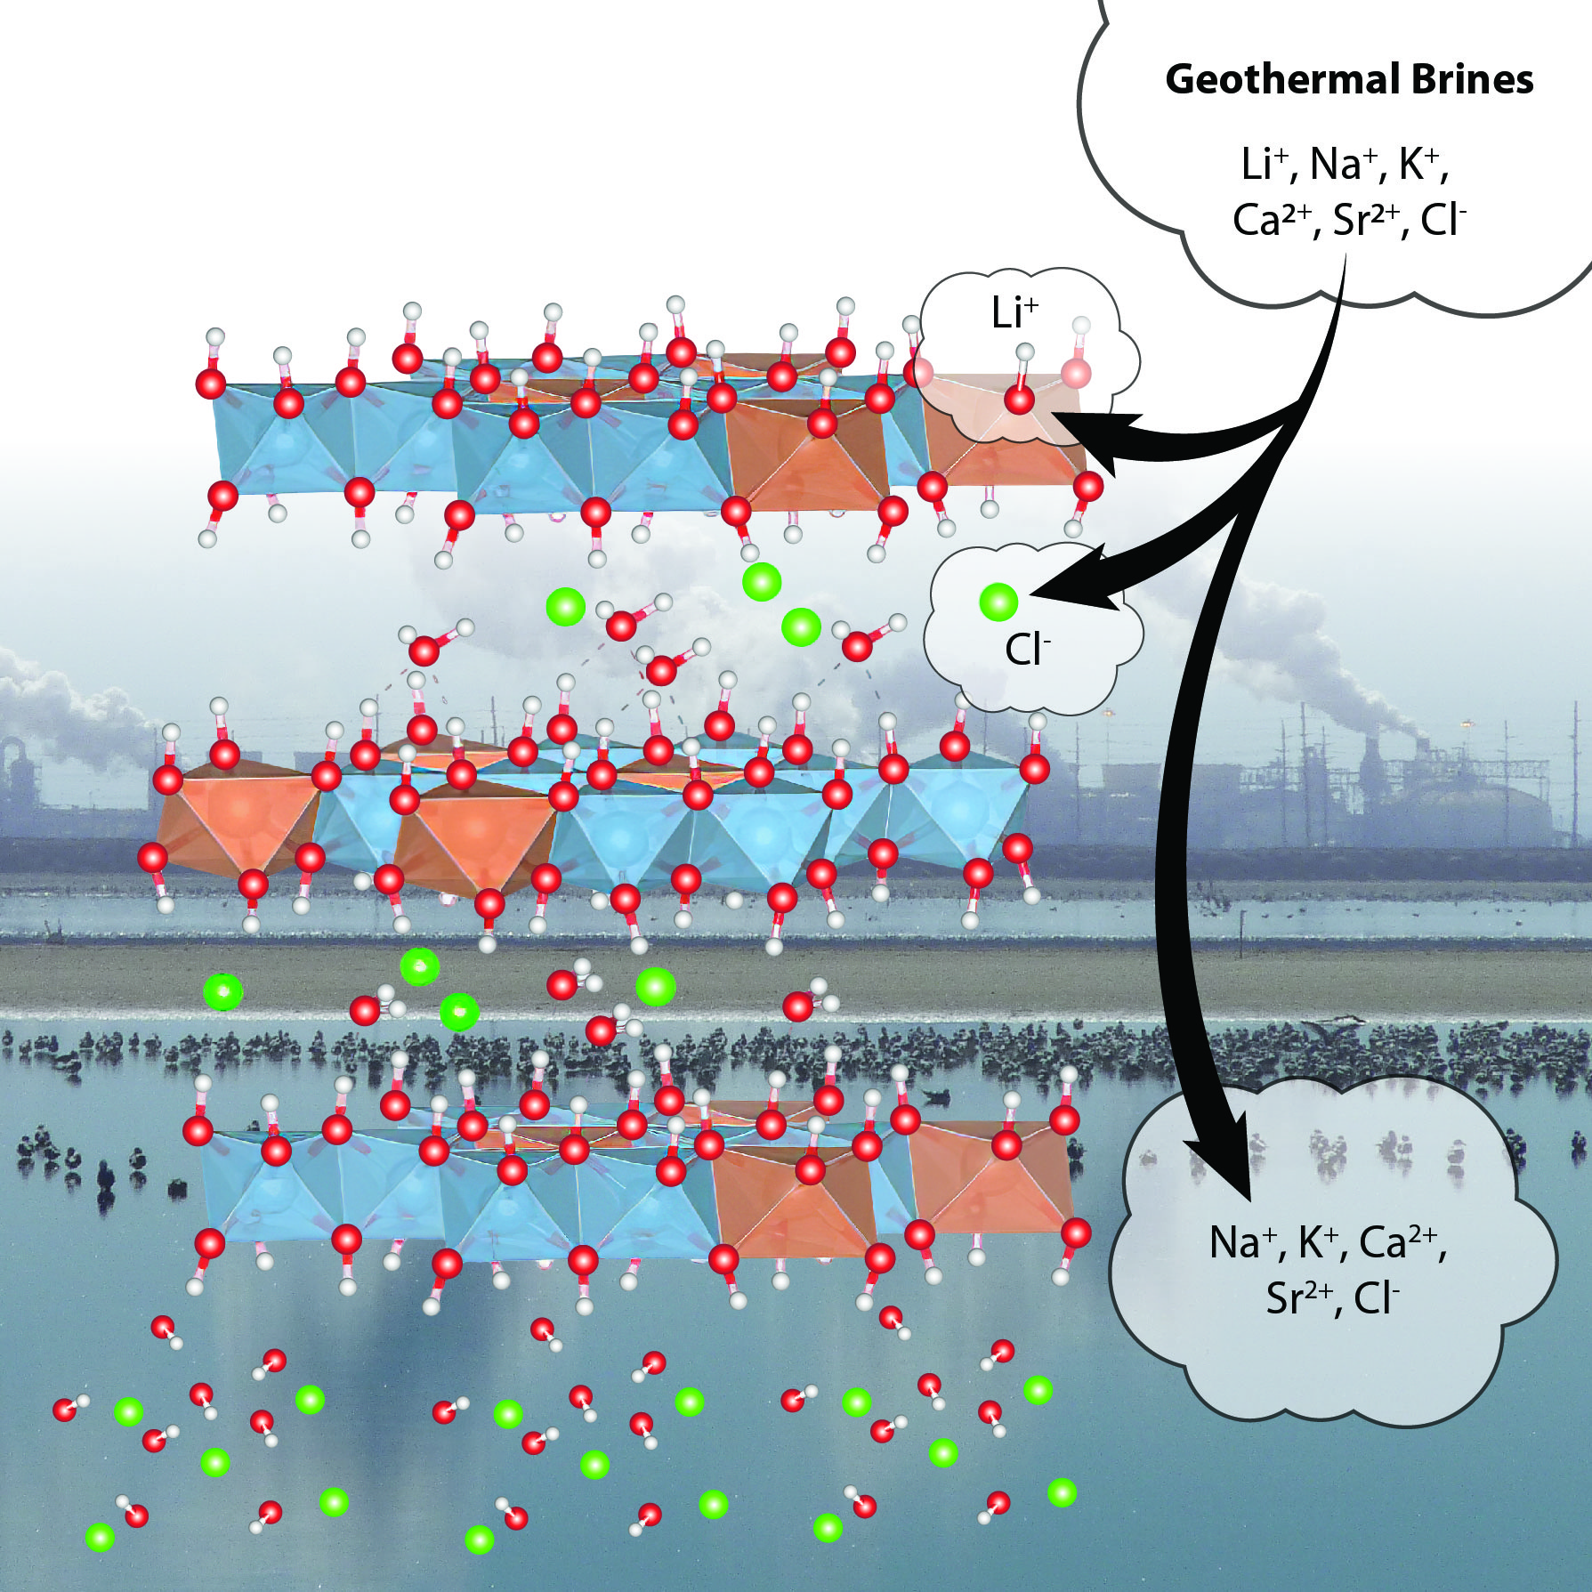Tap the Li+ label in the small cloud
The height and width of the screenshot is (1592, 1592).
pyautogui.click(x=1014, y=313)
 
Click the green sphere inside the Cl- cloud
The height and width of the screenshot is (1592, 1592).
pyautogui.click(x=998, y=602)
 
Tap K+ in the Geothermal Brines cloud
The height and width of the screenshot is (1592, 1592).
pyautogui.click(x=1419, y=164)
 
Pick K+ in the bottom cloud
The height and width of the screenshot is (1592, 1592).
pyautogui.click(x=1320, y=1243)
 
